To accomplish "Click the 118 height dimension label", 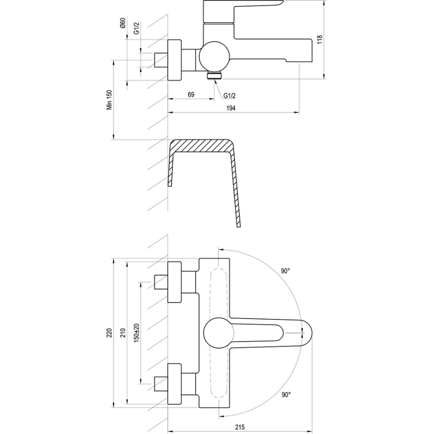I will (319, 39).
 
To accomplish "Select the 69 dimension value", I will (191, 94).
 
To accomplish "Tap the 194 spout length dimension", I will (230, 108).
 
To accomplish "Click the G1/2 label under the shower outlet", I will (229, 95).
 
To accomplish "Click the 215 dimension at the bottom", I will (240, 426).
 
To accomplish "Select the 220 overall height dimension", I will (110, 333).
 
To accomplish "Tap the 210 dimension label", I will (123, 333).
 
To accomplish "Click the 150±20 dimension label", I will (136, 333).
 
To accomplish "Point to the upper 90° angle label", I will (285, 270).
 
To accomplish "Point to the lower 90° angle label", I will (285, 394).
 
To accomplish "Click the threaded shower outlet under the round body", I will (214, 75).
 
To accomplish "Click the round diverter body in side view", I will (213, 56).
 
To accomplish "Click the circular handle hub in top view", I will (216, 332).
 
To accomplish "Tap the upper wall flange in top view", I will (174, 282).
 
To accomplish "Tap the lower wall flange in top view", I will (174, 383).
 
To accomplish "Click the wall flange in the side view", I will (174, 60).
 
